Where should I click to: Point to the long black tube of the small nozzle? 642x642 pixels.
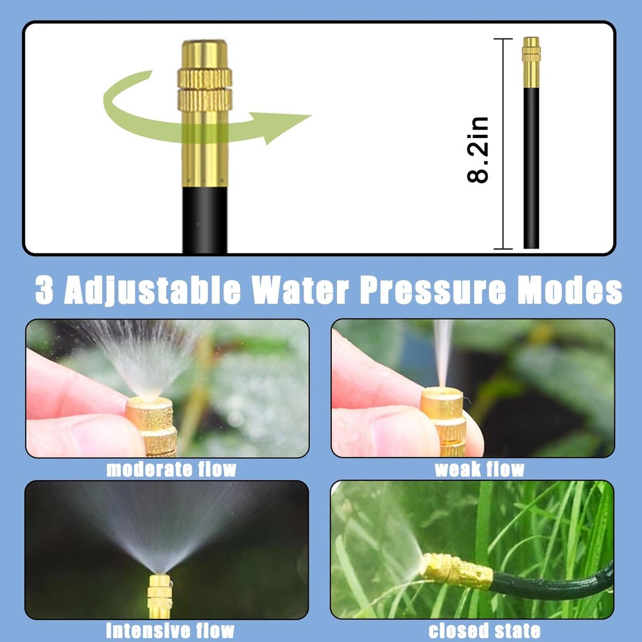pyautogui.click(x=531, y=167)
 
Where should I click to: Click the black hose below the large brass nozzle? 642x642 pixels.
pyautogui.click(x=204, y=218)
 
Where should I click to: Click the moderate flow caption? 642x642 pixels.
pyautogui.click(x=171, y=469)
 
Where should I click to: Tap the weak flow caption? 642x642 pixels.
pyautogui.click(x=479, y=469)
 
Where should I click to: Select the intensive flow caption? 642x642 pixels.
pyautogui.click(x=169, y=630)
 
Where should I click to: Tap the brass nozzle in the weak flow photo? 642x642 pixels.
pyautogui.click(x=444, y=417)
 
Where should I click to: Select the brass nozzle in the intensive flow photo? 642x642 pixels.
pyautogui.click(x=159, y=594)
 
